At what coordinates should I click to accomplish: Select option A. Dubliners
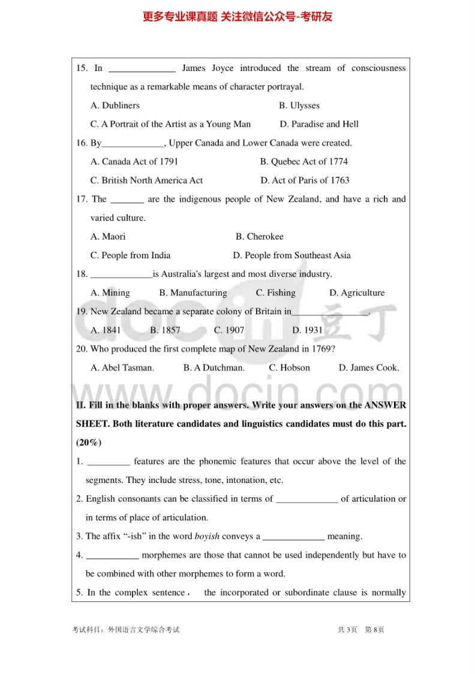(115, 106)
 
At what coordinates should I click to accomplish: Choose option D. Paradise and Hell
(319, 124)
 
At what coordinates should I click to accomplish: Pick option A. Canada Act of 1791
(134, 162)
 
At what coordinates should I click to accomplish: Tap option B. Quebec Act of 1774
(303, 162)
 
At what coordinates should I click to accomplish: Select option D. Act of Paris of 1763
(305, 180)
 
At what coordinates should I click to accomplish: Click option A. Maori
(108, 237)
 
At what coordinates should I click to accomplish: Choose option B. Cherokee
(259, 237)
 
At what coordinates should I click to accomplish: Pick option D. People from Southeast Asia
(291, 255)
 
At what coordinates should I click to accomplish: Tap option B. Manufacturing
(193, 293)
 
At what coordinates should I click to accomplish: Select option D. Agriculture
(357, 293)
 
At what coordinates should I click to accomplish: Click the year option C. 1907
(229, 330)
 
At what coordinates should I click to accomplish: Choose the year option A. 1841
(106, 330)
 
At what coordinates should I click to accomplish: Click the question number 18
(82, 275)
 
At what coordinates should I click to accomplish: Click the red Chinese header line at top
(237, 17)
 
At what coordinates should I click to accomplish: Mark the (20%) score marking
(89, 443)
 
